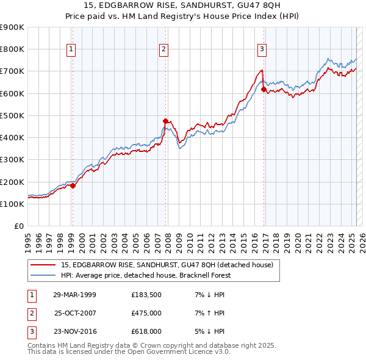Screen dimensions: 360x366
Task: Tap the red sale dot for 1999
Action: tap(73, 185)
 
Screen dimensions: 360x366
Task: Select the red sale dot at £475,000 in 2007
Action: tap(165, 121)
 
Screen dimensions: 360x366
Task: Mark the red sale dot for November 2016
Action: tap(264, 89)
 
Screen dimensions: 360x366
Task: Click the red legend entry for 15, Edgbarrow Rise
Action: tap(170, 265)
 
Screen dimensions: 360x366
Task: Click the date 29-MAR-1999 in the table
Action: tap(75, 295)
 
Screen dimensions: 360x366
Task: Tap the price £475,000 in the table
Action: tap(146, 313)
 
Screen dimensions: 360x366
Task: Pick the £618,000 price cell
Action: tap(146, 331)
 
